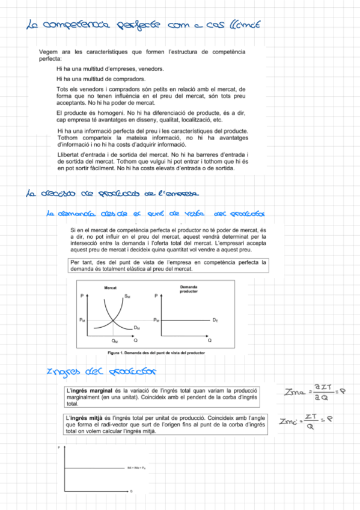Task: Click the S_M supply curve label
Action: tap(127, 296)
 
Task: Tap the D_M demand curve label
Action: tap(136, 327)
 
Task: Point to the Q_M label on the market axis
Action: tap(115, 341)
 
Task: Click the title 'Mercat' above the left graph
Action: tap(111, 289)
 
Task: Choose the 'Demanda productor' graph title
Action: tap(189, 289)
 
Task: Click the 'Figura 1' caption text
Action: tap(147, 353)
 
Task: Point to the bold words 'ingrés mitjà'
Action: tap(87, 417)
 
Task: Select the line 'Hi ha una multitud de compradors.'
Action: tap(100, 79)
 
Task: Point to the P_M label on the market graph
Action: tap(82, 320)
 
